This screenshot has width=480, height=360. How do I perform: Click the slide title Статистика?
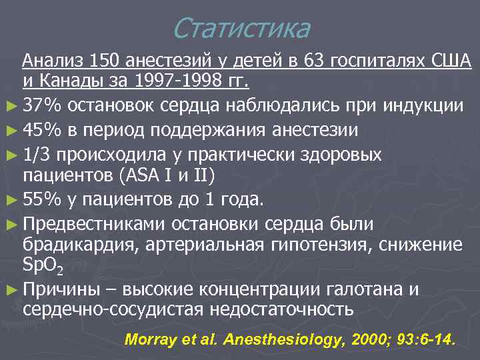click(x=240, y=29)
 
